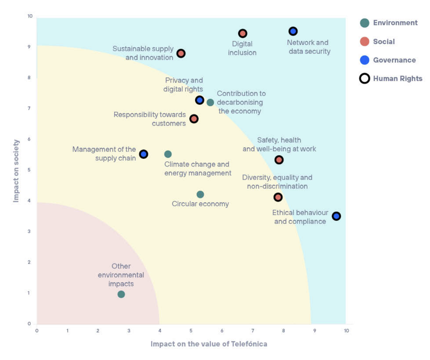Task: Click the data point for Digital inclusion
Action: [243, 33]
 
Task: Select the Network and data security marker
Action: [293, 31]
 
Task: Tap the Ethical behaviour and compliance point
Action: [336, 216]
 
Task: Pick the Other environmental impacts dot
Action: [121, 294]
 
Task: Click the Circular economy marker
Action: [200, 194]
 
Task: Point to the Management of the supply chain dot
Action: [144, 154]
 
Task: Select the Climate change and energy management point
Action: [168, 154]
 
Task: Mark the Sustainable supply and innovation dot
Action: [181, 54]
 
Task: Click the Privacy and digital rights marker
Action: [200, 100]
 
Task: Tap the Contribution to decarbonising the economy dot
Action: [211, 102]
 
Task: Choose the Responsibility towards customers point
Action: [194, 119]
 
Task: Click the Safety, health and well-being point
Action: [279, 160]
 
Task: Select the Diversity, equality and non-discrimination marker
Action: [278, 197]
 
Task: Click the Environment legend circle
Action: [365, 23]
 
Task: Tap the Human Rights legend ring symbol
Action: [365, 79]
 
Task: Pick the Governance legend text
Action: [394, 60]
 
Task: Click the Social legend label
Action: [384, 42]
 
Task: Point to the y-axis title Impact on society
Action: [16, 171]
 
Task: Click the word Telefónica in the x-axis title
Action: [249, 344]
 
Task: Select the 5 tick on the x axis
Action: [191, 331]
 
